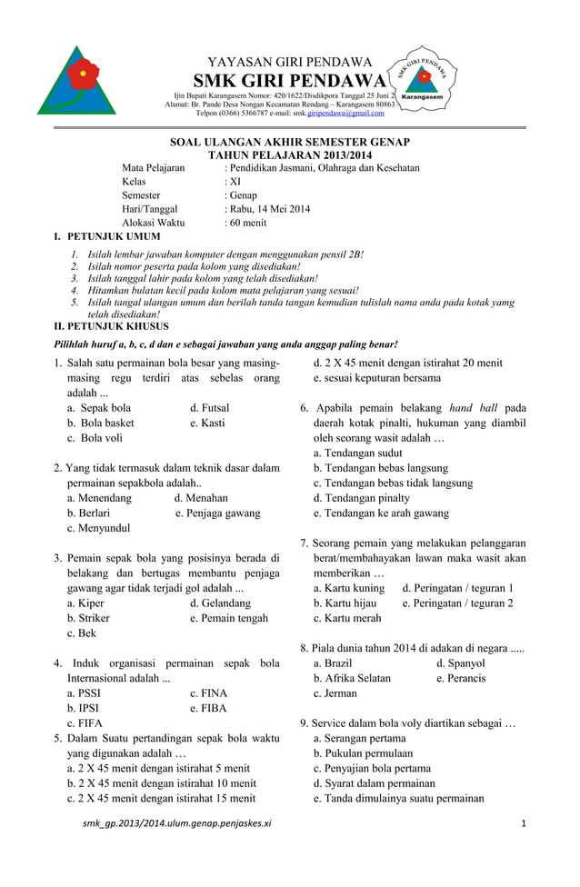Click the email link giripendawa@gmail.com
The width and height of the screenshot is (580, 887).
pyautogui.click(x=339, y=113)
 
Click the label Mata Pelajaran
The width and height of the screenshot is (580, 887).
pyautogui.click(x=154, y=168)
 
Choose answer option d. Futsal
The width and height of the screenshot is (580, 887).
pyautogui.click(x=209, y=408)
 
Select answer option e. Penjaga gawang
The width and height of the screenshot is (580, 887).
pyautogui.click(x=217, y=513)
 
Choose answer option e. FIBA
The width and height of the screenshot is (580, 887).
pyautogui.click(x=208, y=708)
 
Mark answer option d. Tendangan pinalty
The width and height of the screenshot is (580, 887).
pyautogui.click(x=361, y=498)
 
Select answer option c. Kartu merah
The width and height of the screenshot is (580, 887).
pyautogui.click(x=347, y=618)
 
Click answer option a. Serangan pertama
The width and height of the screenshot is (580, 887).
pyautogui.click(x=359, y=738)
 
